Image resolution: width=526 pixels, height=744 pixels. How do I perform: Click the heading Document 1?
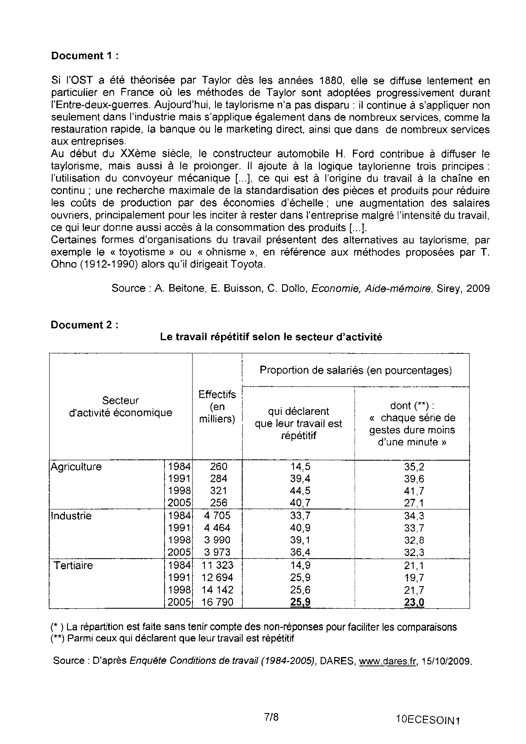tap(84, 56)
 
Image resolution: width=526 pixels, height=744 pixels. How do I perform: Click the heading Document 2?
tap(84, 325)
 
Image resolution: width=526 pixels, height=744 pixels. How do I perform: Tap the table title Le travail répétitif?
tap(271, 337)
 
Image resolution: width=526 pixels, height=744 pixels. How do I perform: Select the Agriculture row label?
tap(76, 467)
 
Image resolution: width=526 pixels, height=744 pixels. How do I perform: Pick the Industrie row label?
tap(71, 516)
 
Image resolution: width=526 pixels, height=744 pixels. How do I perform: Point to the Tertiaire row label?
tap(73, 565)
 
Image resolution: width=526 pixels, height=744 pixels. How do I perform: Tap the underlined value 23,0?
tap(414, 602)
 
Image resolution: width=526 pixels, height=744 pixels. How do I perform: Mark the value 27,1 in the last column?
tap(414, 503)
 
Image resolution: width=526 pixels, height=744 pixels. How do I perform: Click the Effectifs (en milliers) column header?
tap(217, 407)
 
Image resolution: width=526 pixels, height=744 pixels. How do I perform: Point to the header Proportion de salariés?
tap(355, 370)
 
